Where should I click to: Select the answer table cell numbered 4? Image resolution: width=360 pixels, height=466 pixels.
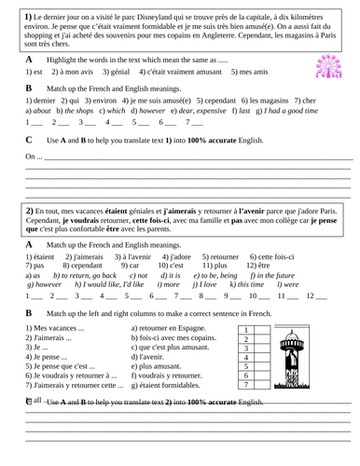(245, 357)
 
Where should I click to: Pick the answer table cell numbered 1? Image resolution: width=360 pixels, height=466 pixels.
(245, 330)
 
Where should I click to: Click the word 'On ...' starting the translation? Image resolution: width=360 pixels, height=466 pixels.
(33, 156)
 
